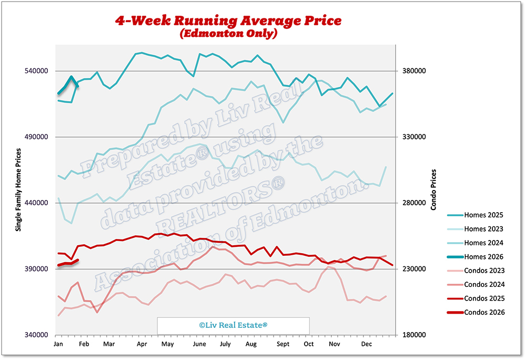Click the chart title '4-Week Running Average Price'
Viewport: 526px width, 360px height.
coord(228,21)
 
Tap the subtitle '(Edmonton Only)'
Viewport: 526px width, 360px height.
coord(228,34)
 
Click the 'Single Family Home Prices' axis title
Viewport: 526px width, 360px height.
coord(18,189)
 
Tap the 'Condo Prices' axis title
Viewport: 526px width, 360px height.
coord(433,189)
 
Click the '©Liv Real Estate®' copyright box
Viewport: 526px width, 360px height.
coord(234,326)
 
